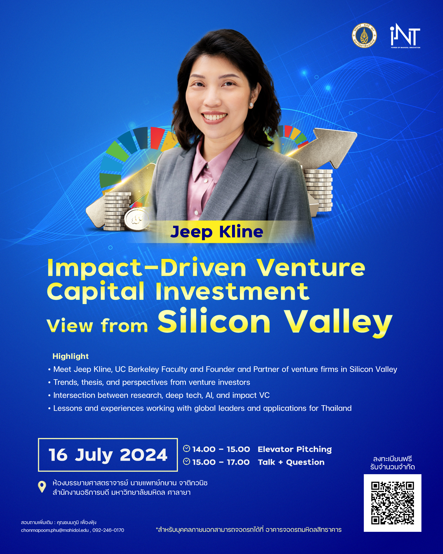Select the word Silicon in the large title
coord(214,321)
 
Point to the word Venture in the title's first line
coord(311,268)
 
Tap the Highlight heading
coord(71,356)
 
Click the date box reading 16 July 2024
coord(108,455)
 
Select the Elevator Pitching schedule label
coord(295,449)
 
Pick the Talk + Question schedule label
coord(291,462)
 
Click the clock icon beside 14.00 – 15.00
coord(187,449)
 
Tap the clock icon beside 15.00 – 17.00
coord(187,461)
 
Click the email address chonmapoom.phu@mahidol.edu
coord(55,530)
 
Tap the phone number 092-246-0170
coord(108,530)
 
